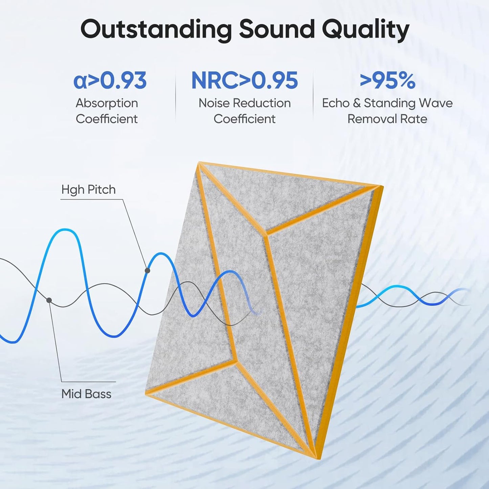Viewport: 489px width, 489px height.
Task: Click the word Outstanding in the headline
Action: point(156,30)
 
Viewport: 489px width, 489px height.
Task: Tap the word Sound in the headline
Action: point(277,29)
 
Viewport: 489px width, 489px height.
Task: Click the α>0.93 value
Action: point(110,81)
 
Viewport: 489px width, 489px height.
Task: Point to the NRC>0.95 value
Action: point(244,81)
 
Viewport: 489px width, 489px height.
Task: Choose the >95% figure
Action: point(387,81)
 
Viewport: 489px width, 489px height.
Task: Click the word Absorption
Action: point(107,103)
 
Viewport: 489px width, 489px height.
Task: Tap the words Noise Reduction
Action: point(244,103)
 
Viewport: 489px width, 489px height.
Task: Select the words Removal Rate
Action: point(387,119)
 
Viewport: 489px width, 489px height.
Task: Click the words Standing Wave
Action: point(408,103)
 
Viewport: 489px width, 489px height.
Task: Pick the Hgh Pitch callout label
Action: point(88,190)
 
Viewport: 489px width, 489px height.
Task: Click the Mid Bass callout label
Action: point(86,394)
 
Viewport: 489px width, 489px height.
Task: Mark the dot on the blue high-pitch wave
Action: point(147,270)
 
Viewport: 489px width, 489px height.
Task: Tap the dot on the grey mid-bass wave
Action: point(49,300)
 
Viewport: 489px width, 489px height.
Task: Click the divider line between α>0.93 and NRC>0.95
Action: point(176,96)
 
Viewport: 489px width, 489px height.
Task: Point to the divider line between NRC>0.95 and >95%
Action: point(313,96)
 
